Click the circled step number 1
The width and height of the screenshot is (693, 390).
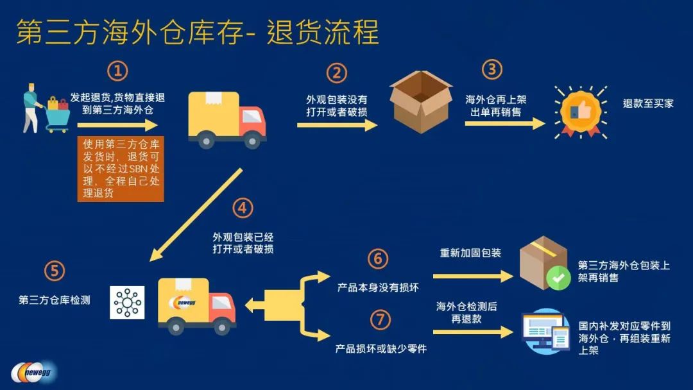click(117, 71)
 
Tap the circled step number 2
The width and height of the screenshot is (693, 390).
click(336, 73)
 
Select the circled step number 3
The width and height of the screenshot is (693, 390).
click(492, 69)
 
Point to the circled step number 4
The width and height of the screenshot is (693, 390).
click(242, 208)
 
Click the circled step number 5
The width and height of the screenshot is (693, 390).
click(54, 271)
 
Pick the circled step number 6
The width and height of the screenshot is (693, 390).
click(379, 259)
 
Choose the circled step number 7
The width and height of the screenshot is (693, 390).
click(380, 319)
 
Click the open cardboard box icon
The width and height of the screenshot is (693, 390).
click(420, 102)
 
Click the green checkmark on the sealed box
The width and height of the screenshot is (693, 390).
click(558, 278)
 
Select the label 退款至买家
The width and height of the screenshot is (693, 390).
click(648, 103)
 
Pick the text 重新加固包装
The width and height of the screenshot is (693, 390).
click(470, 253)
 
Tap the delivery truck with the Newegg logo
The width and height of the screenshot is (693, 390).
click(196, 305)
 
